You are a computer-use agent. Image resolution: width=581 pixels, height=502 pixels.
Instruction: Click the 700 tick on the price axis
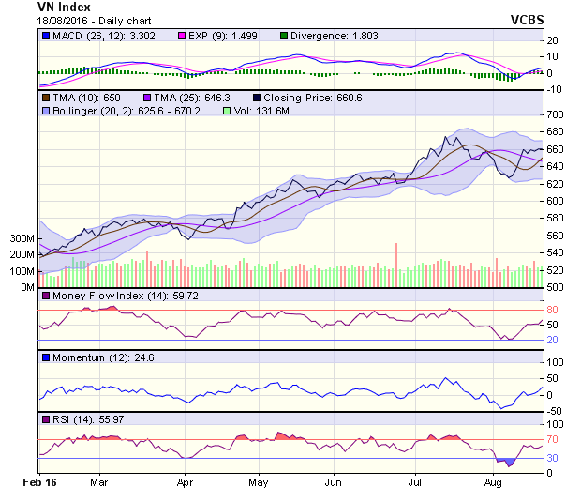pos(557,114)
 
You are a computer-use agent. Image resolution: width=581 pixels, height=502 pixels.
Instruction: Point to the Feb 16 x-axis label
pos(39,483)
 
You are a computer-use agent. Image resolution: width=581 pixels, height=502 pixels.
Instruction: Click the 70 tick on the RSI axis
pos(553,439)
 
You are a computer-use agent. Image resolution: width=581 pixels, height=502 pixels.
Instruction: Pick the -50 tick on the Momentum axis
pos(555,411)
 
